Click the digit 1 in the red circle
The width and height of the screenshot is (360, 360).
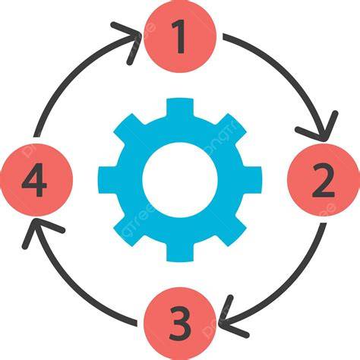[180, 36]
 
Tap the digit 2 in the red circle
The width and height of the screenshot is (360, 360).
[324, 180]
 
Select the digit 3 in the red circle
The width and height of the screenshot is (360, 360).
[180, 324]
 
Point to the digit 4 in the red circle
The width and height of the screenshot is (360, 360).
[34, 180]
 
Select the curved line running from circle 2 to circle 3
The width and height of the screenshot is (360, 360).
[289, 289]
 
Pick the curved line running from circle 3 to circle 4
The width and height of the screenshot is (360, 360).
[74, 289]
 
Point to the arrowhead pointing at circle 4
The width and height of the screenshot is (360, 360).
[38, 228]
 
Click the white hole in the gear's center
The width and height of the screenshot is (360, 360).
[180, 180]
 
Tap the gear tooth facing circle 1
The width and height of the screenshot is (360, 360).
[180, 108]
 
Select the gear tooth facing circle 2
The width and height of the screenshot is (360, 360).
[252, 180]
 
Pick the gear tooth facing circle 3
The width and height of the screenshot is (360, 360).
[180, 252]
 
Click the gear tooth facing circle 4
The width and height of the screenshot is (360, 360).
[108, 180]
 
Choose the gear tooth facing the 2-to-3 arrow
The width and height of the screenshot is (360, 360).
[231, 231]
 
